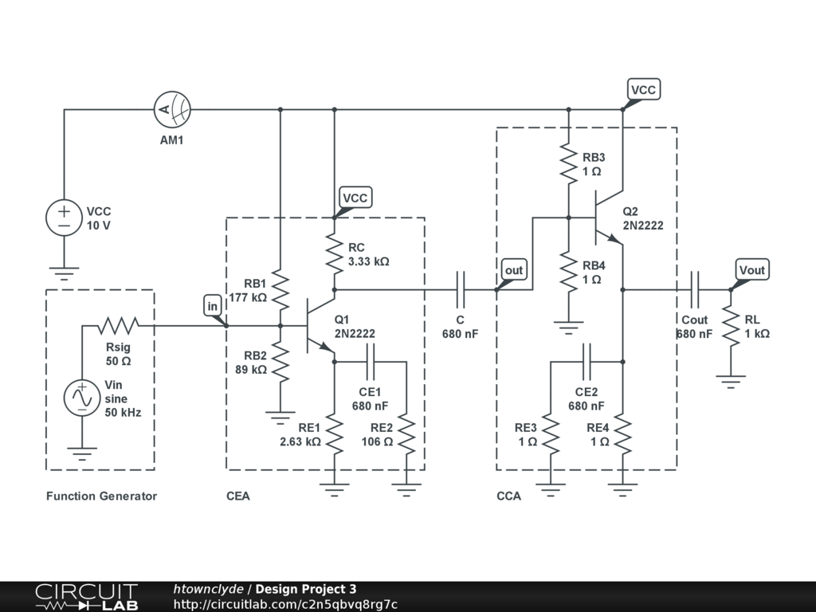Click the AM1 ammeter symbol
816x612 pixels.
[x=172, y=110]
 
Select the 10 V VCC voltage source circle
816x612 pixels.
[x=64, y=218]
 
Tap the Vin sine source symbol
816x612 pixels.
[x=82, y=398]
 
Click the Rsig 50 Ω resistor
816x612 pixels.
[x=119, y=326]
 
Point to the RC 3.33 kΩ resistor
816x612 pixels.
[x=334, y=254]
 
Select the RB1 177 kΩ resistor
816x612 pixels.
[x=280, y=290]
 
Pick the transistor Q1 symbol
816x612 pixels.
[x=320, y=326]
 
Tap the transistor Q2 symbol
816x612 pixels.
[x=609, y=218]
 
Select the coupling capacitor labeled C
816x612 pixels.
[x=461, y=290]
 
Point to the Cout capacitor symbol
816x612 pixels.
[x=695, y=290]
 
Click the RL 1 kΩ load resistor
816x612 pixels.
[x=732, y=326]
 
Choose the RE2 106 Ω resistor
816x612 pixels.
[x=406, y=434]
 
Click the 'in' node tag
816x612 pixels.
[x=212, y=307]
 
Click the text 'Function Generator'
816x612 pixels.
[x=101, y=496]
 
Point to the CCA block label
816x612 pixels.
[x=509, y=496]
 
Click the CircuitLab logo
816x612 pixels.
[x=87, y=597]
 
